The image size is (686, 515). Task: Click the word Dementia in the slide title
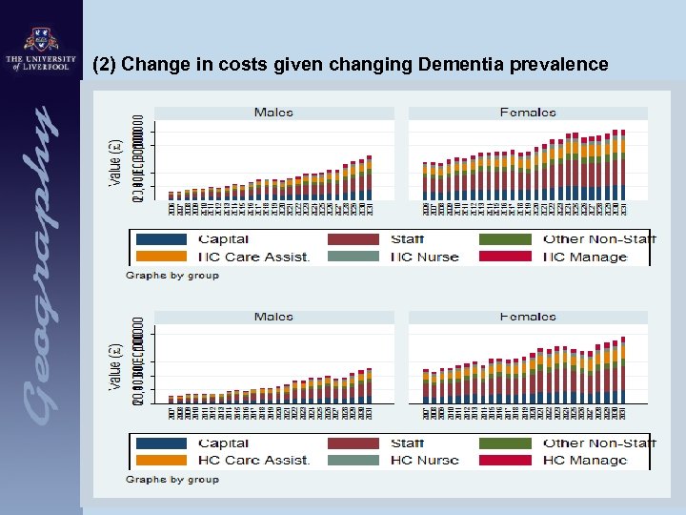[x=451, y=65]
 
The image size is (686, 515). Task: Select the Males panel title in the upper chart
[x=273, y=113]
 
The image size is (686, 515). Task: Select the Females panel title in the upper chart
[x=527, y=113]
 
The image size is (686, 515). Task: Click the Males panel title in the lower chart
[x=273, y=317]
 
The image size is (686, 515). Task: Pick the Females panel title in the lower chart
[x=527, y=317]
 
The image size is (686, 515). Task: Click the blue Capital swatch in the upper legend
[x=161, y=239]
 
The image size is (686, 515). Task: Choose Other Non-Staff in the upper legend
[x=599, y=239]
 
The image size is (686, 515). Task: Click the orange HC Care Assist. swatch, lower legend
[x=161, y=460]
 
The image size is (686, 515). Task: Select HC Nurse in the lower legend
[x=424, y=460]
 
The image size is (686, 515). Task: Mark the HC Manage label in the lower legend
[x=585, y=460]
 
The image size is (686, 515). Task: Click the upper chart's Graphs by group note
[x=172, y=276]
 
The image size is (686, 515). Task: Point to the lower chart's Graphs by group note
[x=172, y=479]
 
